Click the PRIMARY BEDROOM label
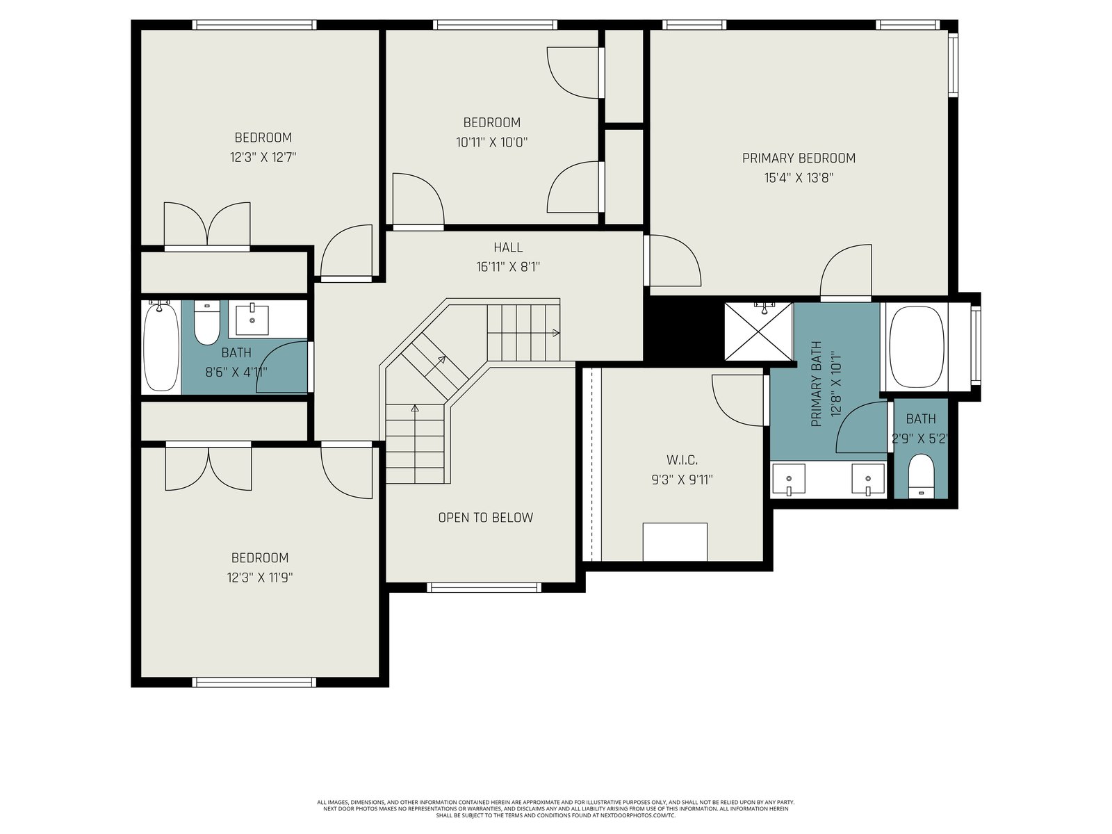(799, 158)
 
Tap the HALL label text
(508, 247)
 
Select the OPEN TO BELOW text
(485, 518)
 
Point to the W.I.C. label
(682, 460)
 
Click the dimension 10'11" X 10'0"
(492, 142)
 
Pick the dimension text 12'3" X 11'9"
(260, 578)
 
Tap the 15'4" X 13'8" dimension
(799, 178)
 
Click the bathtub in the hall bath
(161, 346)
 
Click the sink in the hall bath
(252, 320)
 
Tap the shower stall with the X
(758, 332)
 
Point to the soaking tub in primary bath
(917, 347)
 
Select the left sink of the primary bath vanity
(788, 479)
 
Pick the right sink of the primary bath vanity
(868, 479)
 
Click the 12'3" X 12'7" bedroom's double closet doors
(207, 226)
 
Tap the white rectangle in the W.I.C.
(675, 542)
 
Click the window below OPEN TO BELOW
(484, 587)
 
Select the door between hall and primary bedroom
(673, 260)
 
